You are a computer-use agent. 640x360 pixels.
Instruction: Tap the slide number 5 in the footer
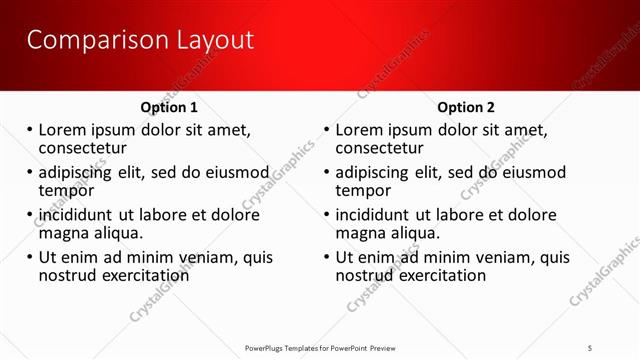coord(591,347)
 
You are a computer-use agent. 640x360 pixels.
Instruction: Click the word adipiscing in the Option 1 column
coord(80,171)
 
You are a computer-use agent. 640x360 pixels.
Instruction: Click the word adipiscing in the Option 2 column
coord(377,171)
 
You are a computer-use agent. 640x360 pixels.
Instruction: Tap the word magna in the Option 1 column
coord(63,233)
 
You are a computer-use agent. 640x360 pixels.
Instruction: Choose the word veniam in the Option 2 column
coord(490,256)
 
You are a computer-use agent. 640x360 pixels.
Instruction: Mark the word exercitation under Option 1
coord(142,274)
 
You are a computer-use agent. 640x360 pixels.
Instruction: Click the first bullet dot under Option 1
coord(30,130)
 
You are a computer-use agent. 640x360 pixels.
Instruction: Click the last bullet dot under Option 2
coord(326,257)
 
